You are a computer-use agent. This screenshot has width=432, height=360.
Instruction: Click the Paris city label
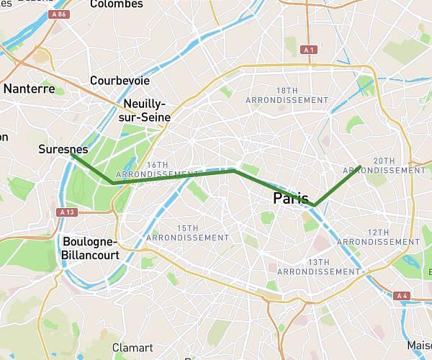291,198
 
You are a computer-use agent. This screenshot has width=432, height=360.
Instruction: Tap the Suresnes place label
63,150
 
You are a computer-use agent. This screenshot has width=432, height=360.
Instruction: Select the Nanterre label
30,89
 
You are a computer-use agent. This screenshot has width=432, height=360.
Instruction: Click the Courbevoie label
120,81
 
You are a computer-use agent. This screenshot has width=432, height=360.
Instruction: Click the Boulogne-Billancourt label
91,248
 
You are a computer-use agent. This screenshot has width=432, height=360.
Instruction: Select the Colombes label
116,4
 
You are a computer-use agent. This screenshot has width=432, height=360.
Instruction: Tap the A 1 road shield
309,49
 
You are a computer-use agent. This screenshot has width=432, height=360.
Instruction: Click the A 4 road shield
402,295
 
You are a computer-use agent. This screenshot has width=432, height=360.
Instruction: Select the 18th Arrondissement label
287,95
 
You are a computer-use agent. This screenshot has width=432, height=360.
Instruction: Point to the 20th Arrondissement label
400,166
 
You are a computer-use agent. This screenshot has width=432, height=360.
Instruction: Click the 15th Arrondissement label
187,233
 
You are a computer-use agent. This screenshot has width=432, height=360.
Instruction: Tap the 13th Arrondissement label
318,267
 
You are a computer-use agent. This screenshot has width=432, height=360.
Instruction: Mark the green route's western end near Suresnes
71,153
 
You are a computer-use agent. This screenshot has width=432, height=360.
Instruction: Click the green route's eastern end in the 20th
361,166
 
